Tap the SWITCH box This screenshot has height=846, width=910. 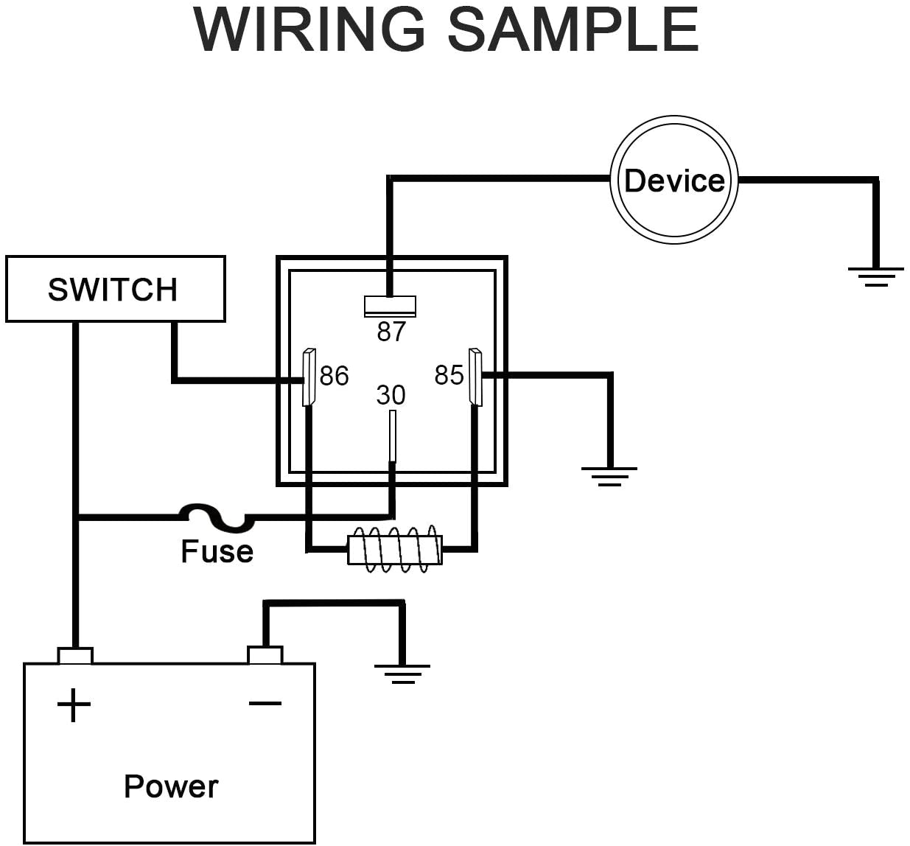[x=115, y=289]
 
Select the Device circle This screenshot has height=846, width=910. [x=673, y=180]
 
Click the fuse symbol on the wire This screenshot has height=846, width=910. [x=217, y=517]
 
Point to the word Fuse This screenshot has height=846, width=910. [x=217, y=551]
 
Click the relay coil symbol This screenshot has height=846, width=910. [x=395, y=548]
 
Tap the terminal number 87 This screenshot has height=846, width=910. [x=391, y=332]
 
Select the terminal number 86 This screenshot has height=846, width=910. [x=334, y=376]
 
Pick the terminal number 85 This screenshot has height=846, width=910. [x=449, y=375]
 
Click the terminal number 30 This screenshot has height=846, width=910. [x=391, y=395]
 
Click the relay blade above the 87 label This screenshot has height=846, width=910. [x=390, y=306]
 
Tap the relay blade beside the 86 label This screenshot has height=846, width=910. [x=309, y=377]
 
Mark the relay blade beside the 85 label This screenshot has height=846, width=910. [x=475, y=377]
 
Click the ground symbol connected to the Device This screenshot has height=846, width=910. [x=875, y=276]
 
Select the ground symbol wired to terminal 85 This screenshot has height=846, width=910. [x=609, y=476]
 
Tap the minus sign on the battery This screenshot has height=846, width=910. [x=265, y=703]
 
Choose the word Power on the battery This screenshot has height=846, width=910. [x=171, y=786]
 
